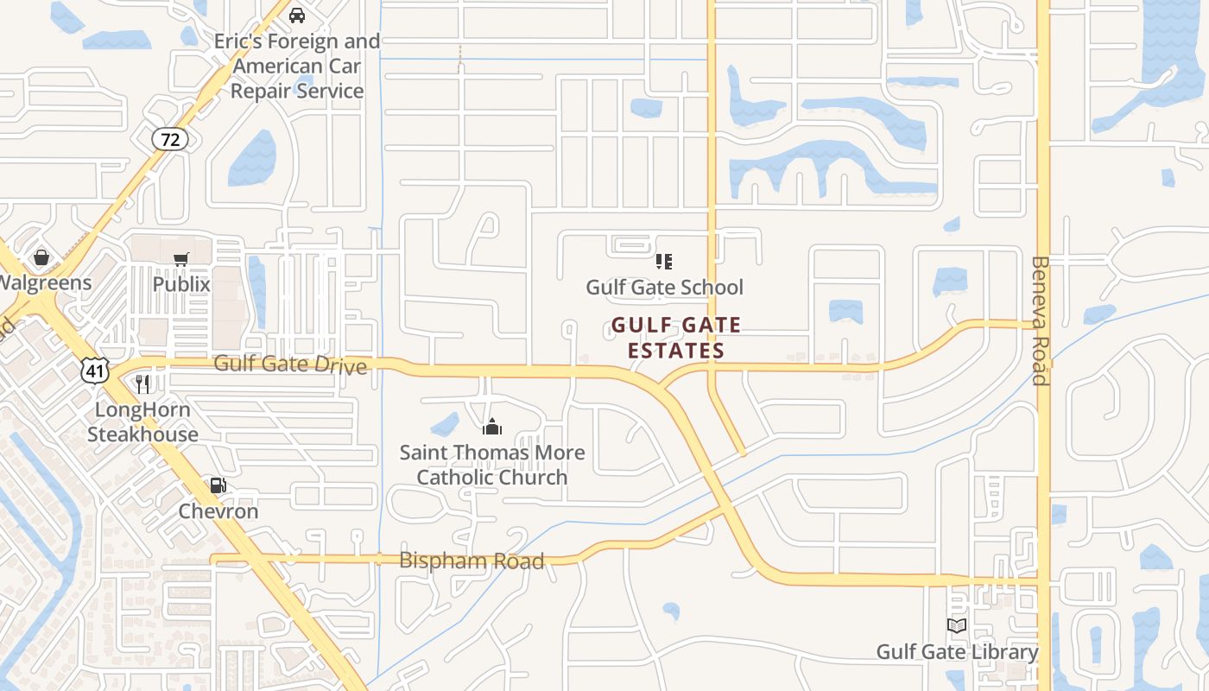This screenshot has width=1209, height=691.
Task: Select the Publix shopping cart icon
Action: [x=181, y=259]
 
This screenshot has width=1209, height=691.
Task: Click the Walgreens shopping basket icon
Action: [x=41, y=257]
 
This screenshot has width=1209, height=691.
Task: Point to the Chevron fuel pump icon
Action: [x=218, y=486]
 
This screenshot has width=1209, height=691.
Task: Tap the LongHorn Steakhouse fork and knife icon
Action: [x=143, y=384]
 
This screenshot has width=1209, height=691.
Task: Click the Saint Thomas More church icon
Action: [x=492, y=427]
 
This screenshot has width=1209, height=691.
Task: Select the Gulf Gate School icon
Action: [x=664, y=261]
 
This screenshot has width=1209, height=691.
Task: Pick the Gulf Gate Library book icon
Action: [x=957, y=626]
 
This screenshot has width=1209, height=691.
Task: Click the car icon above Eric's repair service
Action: [x=297, y=16]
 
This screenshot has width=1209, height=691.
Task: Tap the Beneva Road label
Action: [x=1040, y=320]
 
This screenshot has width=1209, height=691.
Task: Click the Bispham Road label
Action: [x=472, y=561]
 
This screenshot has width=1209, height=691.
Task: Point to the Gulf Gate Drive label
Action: [x=290, y=364]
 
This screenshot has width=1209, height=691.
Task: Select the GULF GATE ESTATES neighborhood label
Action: [x=676, y=338]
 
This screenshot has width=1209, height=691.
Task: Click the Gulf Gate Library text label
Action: [x=957, y=652]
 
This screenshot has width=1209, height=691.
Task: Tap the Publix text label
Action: [x=181, y=284]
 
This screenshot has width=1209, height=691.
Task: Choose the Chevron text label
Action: [x=218, y=511]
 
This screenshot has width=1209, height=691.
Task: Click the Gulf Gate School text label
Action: [x=664, y=287]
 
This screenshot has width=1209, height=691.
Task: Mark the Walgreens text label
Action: [x=43, y=283]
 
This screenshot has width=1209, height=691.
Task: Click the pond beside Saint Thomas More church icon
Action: [x=445, y=424]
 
